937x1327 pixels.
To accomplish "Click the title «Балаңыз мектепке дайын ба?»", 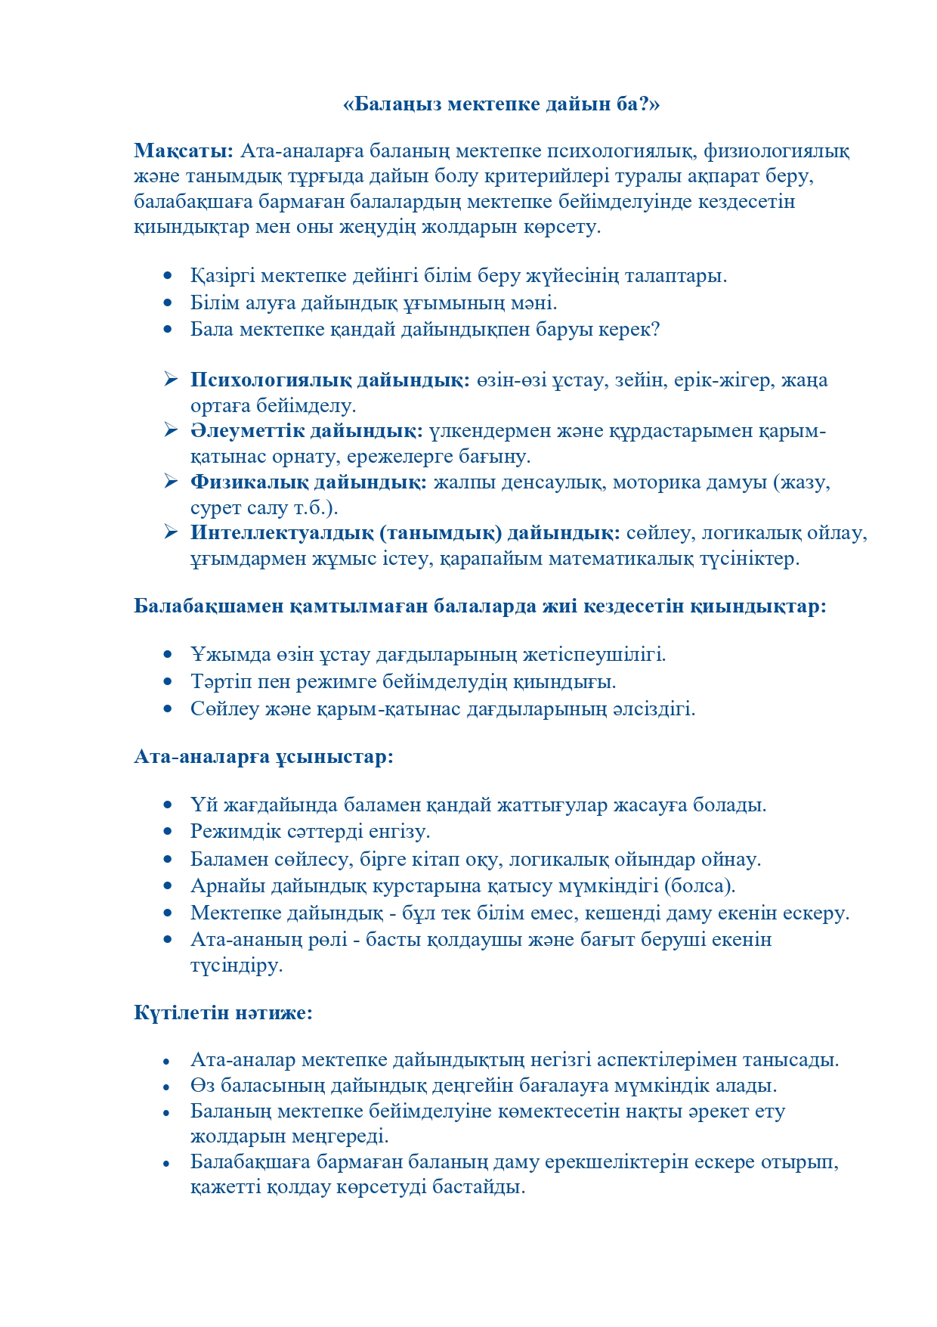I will click(x=501, y=104).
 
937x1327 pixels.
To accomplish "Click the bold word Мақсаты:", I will click(x=184, y=150).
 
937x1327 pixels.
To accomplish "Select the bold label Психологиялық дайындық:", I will click(x=330, y=380).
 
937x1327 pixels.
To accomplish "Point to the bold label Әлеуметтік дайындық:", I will click(x=306, y=431).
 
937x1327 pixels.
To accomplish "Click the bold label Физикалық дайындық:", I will click(x=308, y=482).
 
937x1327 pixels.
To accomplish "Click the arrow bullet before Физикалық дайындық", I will click(x=170, y=481).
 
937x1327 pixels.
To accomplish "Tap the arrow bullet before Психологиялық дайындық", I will click(x=170, y=379).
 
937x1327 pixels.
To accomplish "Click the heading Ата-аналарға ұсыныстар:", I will click(x=264, y=756).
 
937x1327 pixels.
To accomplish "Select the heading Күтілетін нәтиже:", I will click(x=223, y=1012).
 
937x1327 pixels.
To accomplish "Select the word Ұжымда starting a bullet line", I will click(x=220, y=654).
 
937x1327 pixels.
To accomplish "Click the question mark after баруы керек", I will click(x=655, y=330).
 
